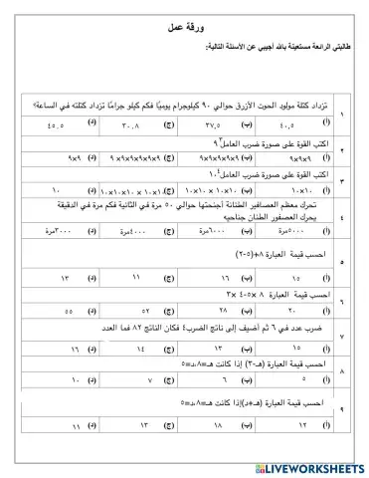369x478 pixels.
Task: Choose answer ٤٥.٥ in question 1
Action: (50, 125)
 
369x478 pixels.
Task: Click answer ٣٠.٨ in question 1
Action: (130, 125)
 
